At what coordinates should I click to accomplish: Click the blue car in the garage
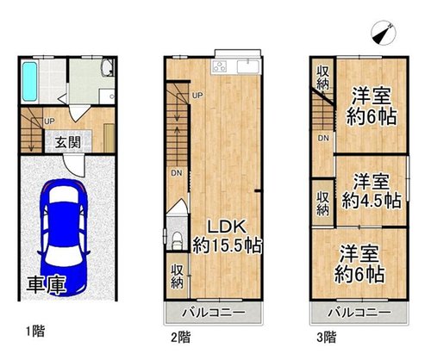pos(63,237)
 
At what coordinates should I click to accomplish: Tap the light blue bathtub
pos(30,82)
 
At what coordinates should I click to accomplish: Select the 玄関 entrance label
pos(68,142)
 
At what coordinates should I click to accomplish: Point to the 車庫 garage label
pos(47,285)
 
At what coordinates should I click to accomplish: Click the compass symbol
pos(384,33)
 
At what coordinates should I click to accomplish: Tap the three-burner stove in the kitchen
pos(220,67)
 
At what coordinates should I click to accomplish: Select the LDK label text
pos(227,227)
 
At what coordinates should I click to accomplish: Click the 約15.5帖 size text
pos(227,245)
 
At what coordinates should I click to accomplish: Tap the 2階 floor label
pos(181,337)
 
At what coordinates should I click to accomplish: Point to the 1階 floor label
pos(35,332)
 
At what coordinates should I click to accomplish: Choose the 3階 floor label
pos(327,337)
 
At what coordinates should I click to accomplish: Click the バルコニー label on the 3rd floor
pos(359,313)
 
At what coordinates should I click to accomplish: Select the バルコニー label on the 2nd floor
pos(215,313)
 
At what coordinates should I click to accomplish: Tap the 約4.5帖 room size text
pos(372,201)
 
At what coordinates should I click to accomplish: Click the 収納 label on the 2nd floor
pos(177,276)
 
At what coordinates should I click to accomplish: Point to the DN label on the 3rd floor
pos(323,138)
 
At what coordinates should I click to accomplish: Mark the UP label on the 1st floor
pos(49,121)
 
